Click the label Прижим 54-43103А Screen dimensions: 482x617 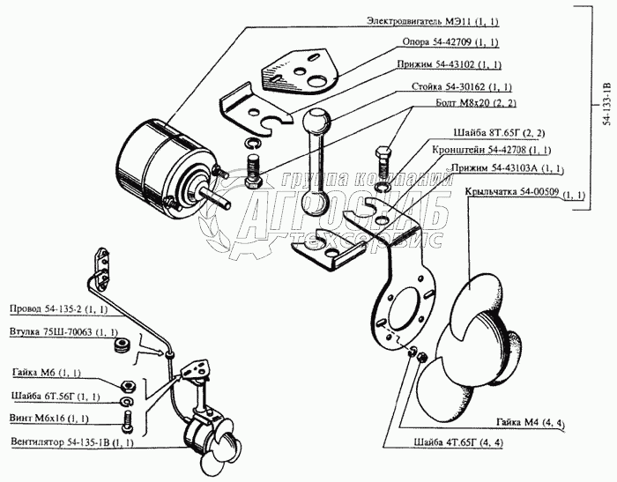[506, 167]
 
